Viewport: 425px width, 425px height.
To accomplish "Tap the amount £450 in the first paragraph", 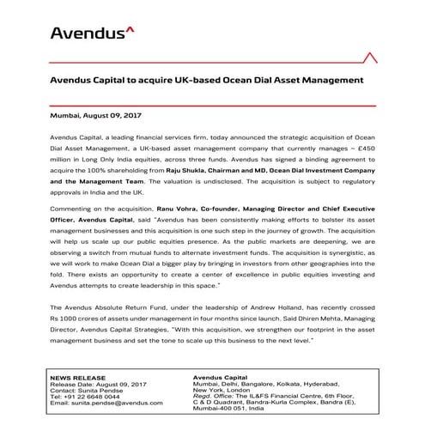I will (x=367, y=148).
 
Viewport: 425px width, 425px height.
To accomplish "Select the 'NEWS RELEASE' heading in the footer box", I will (x=74, y=376).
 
